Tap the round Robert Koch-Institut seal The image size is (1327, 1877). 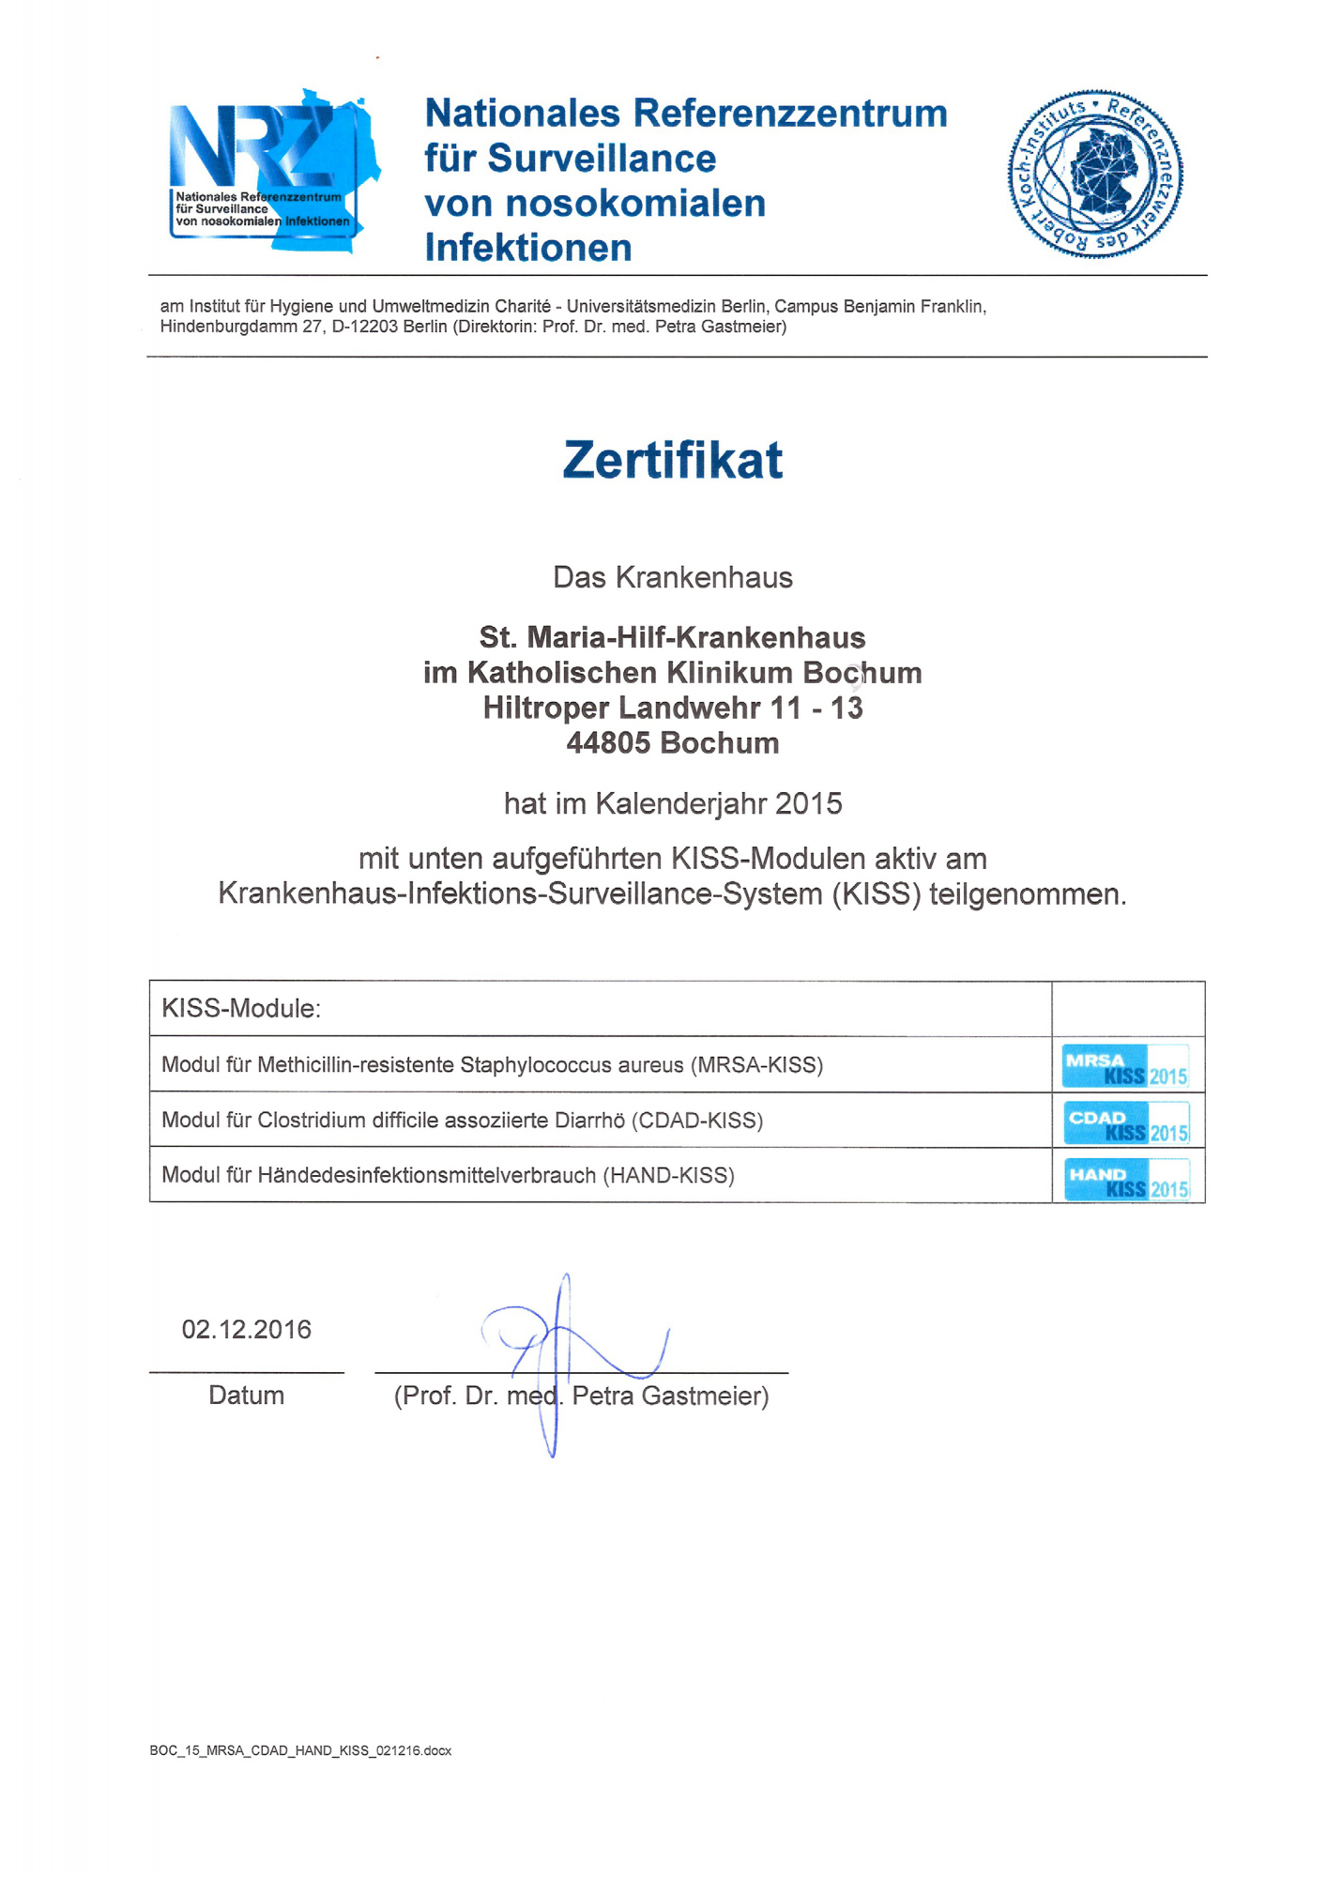pyautogui.click(x=1095, y=175)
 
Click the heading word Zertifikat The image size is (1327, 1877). pyautogui.click(x=672, y=460)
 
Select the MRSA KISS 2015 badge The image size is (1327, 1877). pyautogui.click(x=1125, y=1066)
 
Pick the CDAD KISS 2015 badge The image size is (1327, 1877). pyautogui.click(x=1126, y=1122)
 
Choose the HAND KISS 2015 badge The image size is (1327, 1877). pyautogui.click(x=1126, y=1179)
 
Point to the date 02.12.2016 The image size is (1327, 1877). pyautogui.click(x=246, y=1330)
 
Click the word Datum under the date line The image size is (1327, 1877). pyautogui.click(x=246, y=1396)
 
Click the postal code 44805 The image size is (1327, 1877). pyautogui.click(x=608, y=743)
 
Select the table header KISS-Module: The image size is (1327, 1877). pyautogui.click(x=241, y=1009)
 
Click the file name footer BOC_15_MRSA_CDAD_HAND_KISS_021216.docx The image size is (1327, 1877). pyautogui.click(x=300, y=1751)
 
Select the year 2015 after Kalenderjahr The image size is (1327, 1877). pyautogui.click(x=809, y=804)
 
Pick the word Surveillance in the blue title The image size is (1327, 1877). pyautogui.click(x=602, y=159)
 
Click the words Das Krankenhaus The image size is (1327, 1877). pyautogui.click(x=672, y=577)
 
